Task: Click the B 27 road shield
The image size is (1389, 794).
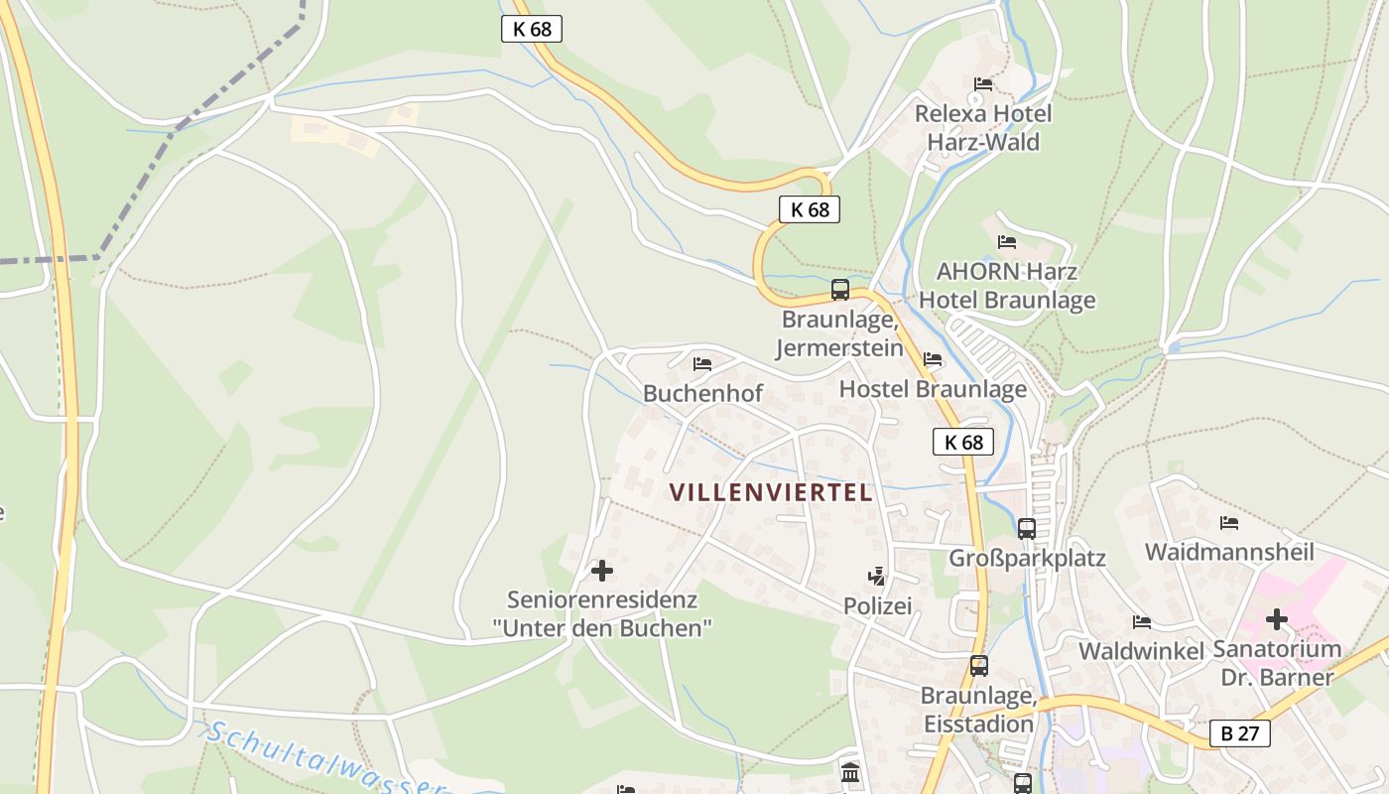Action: click(x=1239, y=733)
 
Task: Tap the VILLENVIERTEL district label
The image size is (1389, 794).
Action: click(x=771, y=492)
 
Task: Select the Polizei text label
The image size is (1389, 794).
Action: click(x=877, y=605)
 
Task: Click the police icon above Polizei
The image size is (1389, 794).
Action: click(x=876, y=576)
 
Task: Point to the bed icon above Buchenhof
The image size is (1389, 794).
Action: click(x=702, y=364)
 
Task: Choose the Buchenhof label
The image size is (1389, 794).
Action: click(x=702, y=393)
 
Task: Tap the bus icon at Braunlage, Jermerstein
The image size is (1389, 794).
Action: click(x=840, y=290)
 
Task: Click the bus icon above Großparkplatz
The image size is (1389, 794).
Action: click(x=1027, y=528)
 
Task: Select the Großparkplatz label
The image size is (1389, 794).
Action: click(x=1027, y=558)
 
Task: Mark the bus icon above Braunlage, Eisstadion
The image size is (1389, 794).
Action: click(x=979, y=666)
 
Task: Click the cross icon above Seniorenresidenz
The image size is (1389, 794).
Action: click(x=602, y=571)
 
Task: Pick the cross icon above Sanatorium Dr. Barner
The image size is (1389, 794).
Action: click(x=1277, y=620)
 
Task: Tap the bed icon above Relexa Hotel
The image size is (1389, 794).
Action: click(x=983, y=84)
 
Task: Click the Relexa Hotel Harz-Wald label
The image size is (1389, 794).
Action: click(x=983, y=127)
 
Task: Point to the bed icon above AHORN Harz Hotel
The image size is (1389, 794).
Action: click(x=1007, y=242)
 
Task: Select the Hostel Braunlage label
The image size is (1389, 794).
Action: click(x=933, y=389)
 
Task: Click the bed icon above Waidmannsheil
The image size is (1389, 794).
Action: click(x=1229, y=523)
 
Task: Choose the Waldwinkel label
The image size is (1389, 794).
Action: click(x=1141, y=651)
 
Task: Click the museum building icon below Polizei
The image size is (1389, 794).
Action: click(x=850, y=772)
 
